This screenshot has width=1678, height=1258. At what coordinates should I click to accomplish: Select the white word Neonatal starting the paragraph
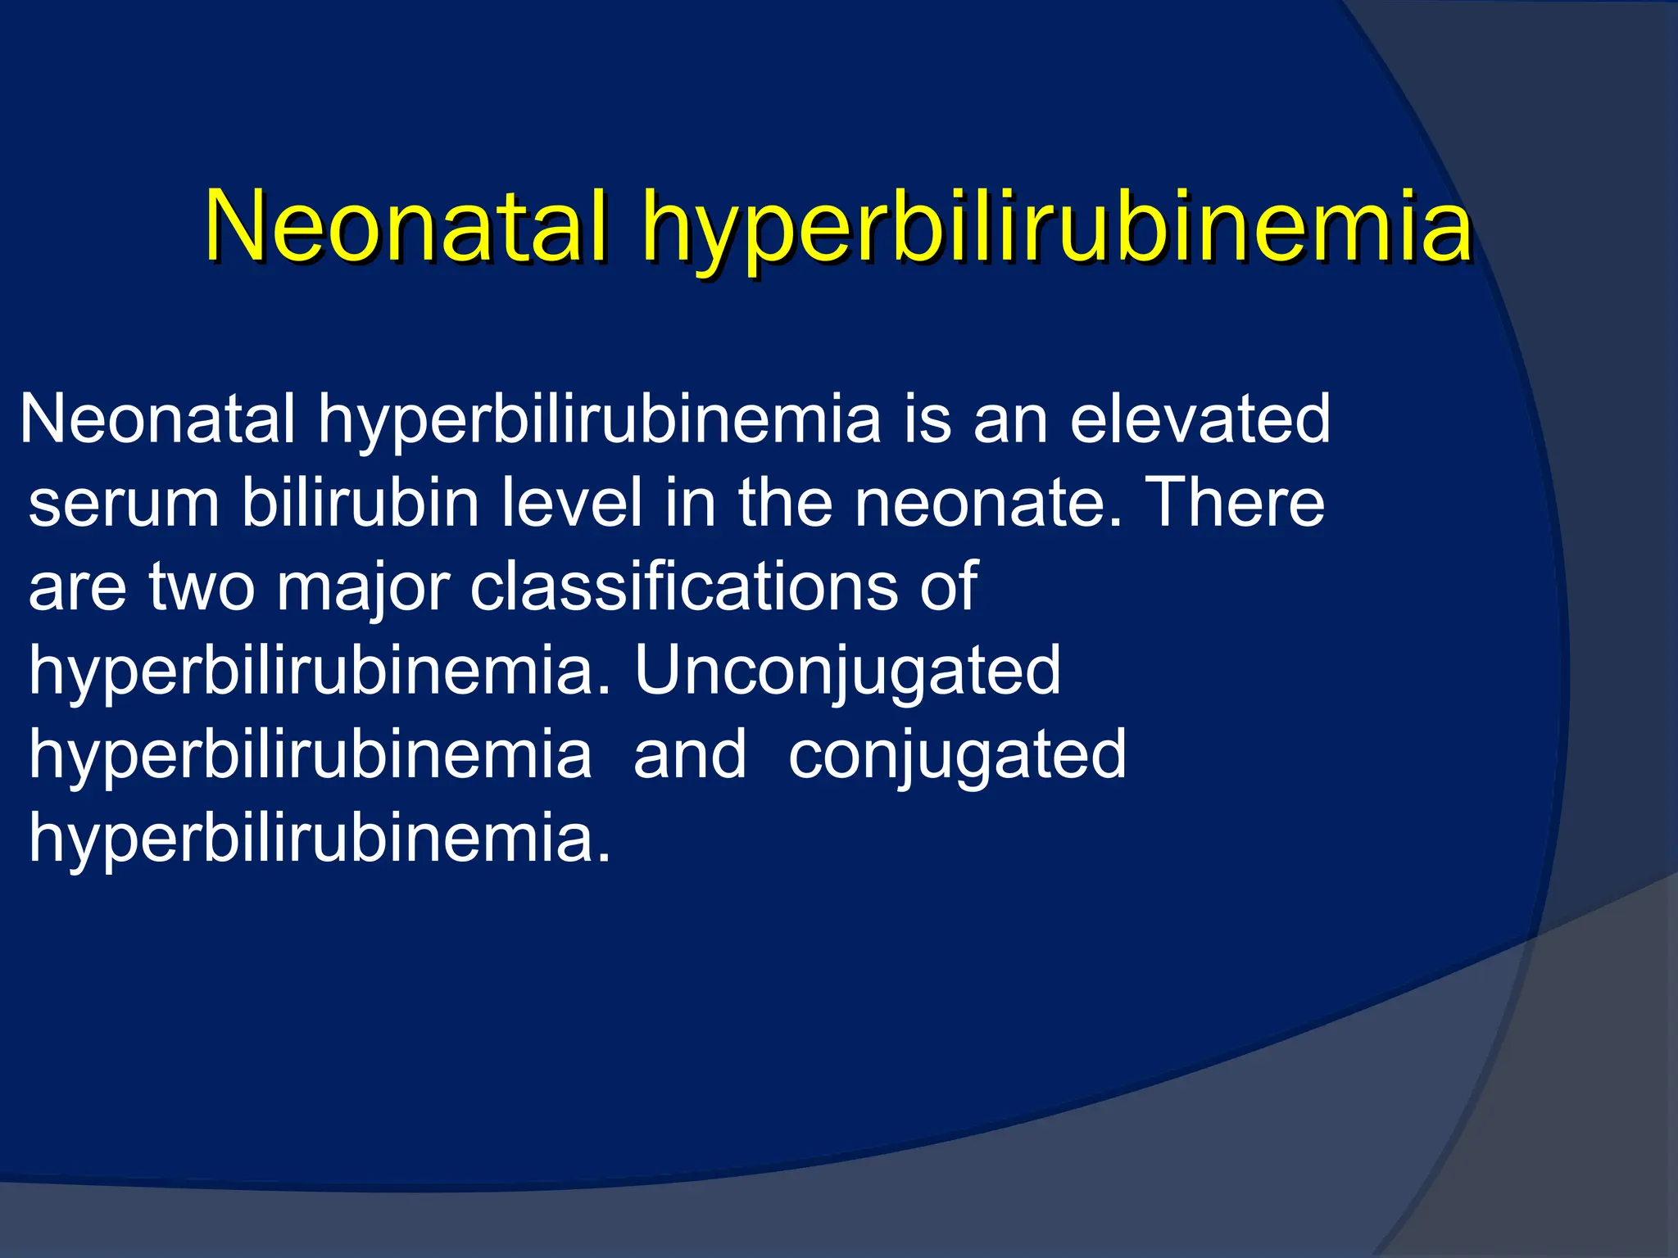(x=157, y=419)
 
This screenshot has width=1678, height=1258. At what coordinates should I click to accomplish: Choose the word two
(x=202, y=587)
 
